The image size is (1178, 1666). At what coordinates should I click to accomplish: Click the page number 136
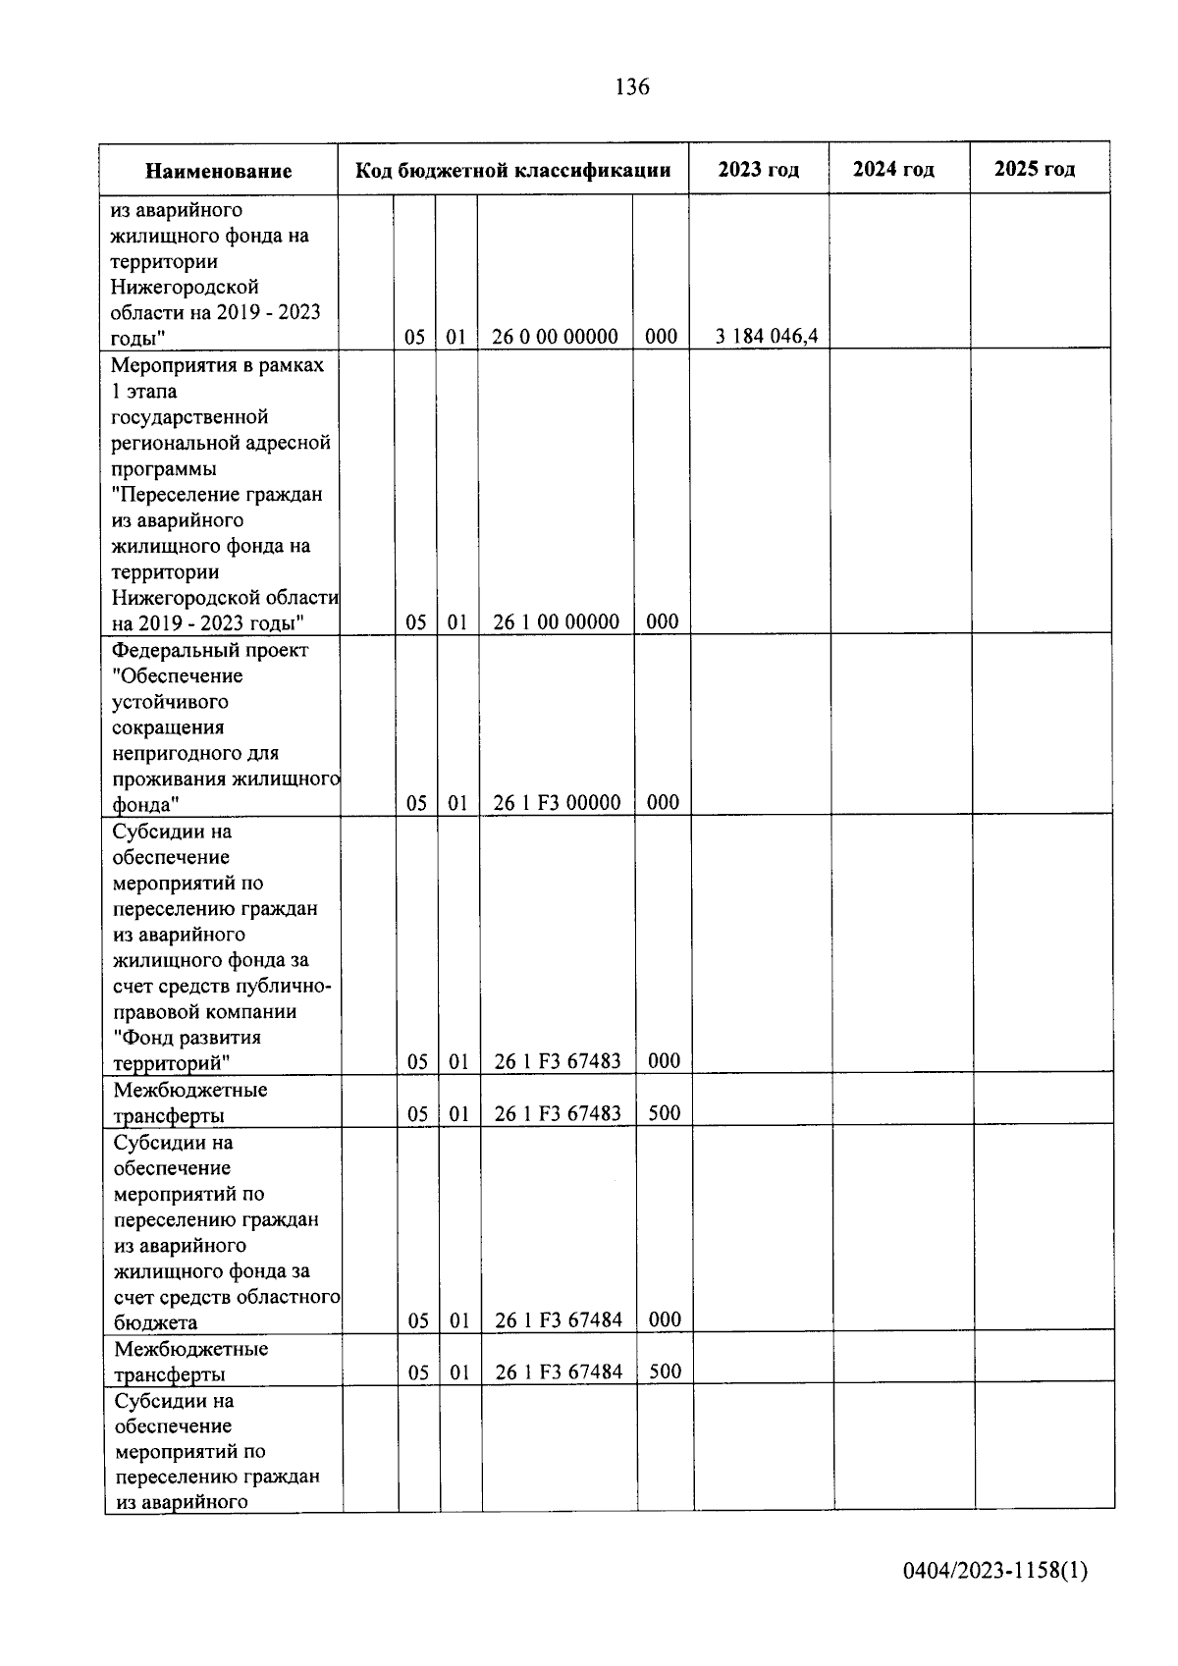click(x=631, y=87)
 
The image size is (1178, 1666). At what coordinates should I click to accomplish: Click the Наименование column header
click(x=218, y=171)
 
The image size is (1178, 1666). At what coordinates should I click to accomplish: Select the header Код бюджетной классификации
click(x=512, y=170)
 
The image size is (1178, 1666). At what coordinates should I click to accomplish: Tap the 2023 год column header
click(x=758, y=169)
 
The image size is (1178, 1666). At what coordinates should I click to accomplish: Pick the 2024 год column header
click(x=893, y=169)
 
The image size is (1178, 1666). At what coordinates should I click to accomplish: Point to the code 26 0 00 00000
click(x=555, y=337)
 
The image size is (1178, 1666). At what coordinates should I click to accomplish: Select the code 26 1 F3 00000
click(x=557, y=802)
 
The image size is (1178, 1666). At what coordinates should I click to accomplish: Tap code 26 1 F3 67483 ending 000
click(x=558, y=1060)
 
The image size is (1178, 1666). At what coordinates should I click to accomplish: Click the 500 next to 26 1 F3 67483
click(x=665, y=1112)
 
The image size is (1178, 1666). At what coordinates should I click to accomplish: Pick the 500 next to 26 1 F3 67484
click(x=665, y=1370)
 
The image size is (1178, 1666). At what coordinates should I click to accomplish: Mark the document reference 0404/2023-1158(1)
click(x=995, y=1571)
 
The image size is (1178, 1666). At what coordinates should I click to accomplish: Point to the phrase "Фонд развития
click(x=187, y=1037)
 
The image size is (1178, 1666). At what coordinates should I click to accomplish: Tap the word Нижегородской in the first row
click(x=185, y=287)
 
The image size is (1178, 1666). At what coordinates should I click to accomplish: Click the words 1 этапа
click(x=144, y=391)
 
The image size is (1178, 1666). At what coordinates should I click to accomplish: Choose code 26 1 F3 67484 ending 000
click(x=559, y=1319)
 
